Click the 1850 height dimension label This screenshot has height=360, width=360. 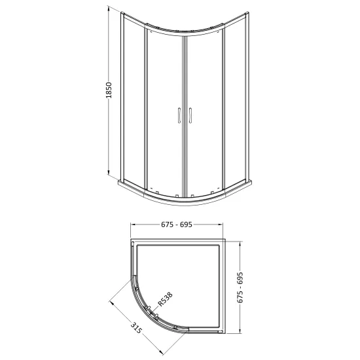point(109,90)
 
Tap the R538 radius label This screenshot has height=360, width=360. point(166,299)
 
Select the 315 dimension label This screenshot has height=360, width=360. point(136,328)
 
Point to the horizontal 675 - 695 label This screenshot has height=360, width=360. point(177,225)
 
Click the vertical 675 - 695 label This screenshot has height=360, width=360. point(240,288)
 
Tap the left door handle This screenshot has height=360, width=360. point(179,115)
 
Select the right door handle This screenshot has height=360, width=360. point(190,115)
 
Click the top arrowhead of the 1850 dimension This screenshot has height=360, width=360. point(108,8)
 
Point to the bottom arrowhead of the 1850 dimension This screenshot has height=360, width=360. point(109,172)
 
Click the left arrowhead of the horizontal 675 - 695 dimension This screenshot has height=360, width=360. point(133,225)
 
